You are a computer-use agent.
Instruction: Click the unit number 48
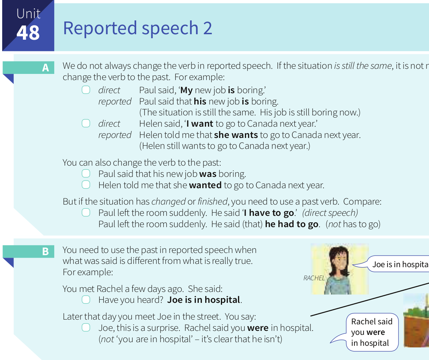pyautogui.click(x=28, y=33)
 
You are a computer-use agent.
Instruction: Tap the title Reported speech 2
pyautogui.click(x=138, y=28)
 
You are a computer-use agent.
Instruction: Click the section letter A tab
pyautogui.click(x=28, y=68)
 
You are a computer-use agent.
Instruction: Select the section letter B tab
pyautogui.click(x=28, y=251)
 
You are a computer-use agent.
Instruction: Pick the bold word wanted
pyautogui.click(x=205, y=185)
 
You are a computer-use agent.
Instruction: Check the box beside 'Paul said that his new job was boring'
pyautogui.click(x=86, y=174)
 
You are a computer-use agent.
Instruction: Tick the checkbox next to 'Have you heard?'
pyautogui.click(x=86, y=300)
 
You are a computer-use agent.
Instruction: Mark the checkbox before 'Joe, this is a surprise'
pyautogui.click(x=86, y=328)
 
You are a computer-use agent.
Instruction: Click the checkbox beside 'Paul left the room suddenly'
pyautogui.click(x=86, y=213)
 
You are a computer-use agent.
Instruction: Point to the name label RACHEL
pyautogui.click(x=314, y=278)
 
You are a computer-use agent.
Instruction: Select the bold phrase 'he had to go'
pyautogui.click(x=292, y=224)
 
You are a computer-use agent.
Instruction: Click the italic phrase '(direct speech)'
pyautogui.click(x=330, y=213)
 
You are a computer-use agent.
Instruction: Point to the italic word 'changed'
pyautogui.click(x=168, y=202)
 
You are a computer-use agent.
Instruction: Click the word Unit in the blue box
pyautogui.click(x=28, y=14)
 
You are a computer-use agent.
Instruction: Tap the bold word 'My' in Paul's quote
pyautogui.click(x=187, y=90)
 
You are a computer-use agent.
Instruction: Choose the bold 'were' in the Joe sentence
pyautogui.click(x=258, y=328)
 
